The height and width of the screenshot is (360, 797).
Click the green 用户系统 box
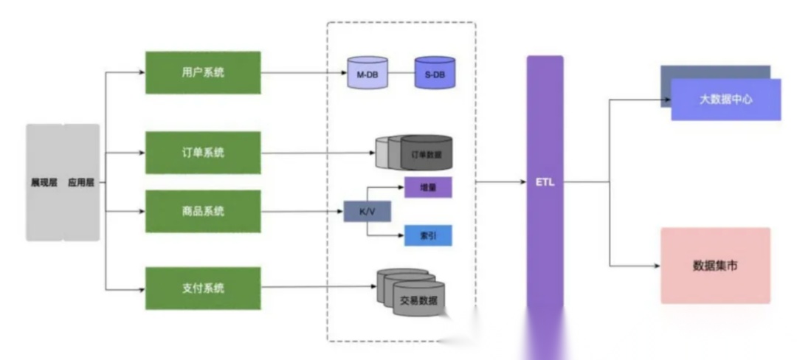pos(203,72)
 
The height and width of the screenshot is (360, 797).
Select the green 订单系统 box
pos(203,153)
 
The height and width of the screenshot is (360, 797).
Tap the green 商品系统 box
pos(203,211)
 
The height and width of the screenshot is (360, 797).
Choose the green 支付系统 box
pos(203,288)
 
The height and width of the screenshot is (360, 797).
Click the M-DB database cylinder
pos(367,73)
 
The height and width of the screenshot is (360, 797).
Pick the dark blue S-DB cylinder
pos(435,73)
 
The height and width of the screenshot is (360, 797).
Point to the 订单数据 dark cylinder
pos(426,153)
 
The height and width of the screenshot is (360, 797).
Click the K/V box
pos(367,212)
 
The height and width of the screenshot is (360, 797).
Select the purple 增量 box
pos(428,187)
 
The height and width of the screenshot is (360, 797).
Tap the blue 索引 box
pos(428,235)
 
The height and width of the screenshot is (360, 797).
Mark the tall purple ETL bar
pos(545,181)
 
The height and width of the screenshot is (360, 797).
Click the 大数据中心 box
pos(725,99)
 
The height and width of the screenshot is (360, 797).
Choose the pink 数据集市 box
pos(715,265)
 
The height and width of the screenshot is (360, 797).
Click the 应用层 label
pos(81,182)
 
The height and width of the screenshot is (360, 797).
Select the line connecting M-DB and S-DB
pos(401,73)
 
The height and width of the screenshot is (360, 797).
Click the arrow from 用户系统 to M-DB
pos(303,73)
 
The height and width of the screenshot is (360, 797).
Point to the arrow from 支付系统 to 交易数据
pos(317,288)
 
